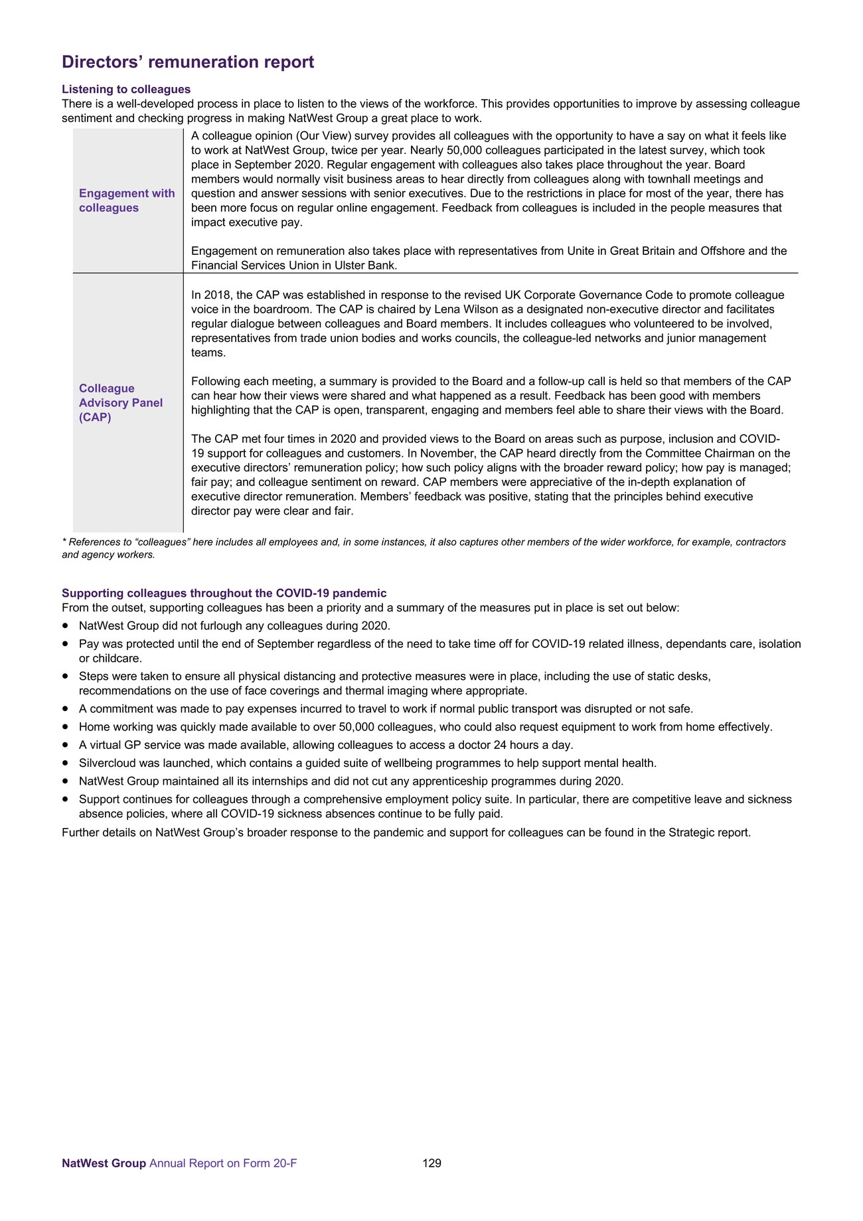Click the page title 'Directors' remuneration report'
[x=188, y=62]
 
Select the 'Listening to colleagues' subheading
[x=126, y=89]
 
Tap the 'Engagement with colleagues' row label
[x=126, y=201]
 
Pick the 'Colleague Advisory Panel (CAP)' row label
[x=120, y=402]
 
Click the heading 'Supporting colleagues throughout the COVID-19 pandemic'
[x=224, y=593]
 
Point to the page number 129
[x=431, y=1163]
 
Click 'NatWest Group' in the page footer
[x=104, y=1163]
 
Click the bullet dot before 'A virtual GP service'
[x=65, y=745]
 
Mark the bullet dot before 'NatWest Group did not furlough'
[x=65, y=625]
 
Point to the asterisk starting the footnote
[x=64, y=542]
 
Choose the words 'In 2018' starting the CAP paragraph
[x=211, y=295]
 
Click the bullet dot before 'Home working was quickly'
[x=65, y=727]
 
